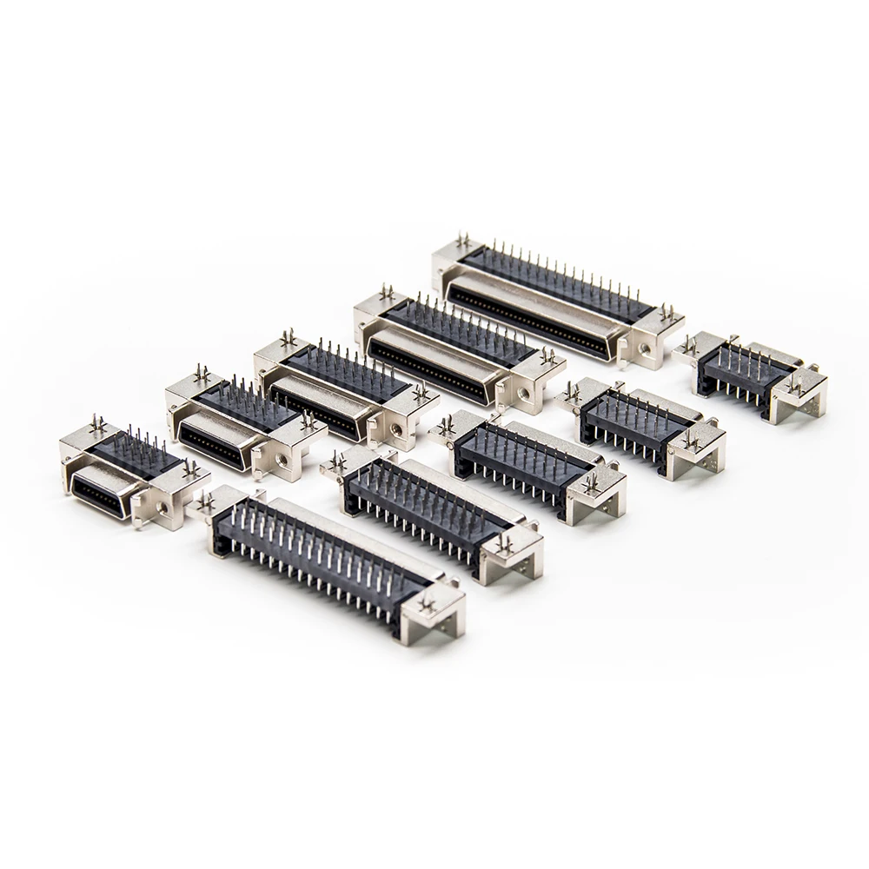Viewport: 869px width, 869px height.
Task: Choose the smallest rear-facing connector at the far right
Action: pyautogui.click(x=747, y=374)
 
